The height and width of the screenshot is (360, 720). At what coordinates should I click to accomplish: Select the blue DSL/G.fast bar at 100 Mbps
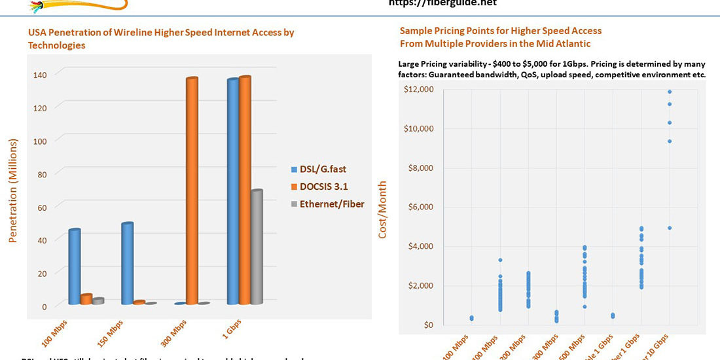coord(74,267)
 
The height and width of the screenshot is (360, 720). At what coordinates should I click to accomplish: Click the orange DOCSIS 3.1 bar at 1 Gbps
coord(245,190)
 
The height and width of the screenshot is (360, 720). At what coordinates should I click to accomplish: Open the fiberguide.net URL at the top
coord(442,3)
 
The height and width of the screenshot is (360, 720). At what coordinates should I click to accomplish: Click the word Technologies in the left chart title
coord(56,45)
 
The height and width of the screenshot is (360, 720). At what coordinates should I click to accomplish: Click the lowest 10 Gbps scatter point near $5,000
coord(670,228)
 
